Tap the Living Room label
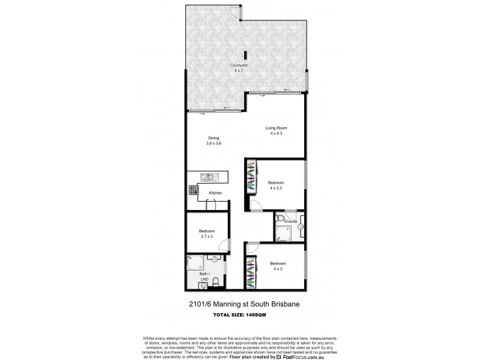pyautogui.click(x=277, y=128)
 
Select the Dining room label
pyautogui.click(x=206, y=138)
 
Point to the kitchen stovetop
pyautogui.click(x=194, y=190)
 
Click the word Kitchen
pyautogui.click(x=215, y=193)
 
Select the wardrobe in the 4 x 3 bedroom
pyautogui.click(x=251, y=272)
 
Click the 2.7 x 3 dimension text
pyautogui.click(x=206, y=236)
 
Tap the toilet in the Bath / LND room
pyautogui.click(x=215, y=281)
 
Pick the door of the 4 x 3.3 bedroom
pyautogui.click(x=254, y=206)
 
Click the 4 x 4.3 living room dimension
pyautogui.click(x=276, y=133)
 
